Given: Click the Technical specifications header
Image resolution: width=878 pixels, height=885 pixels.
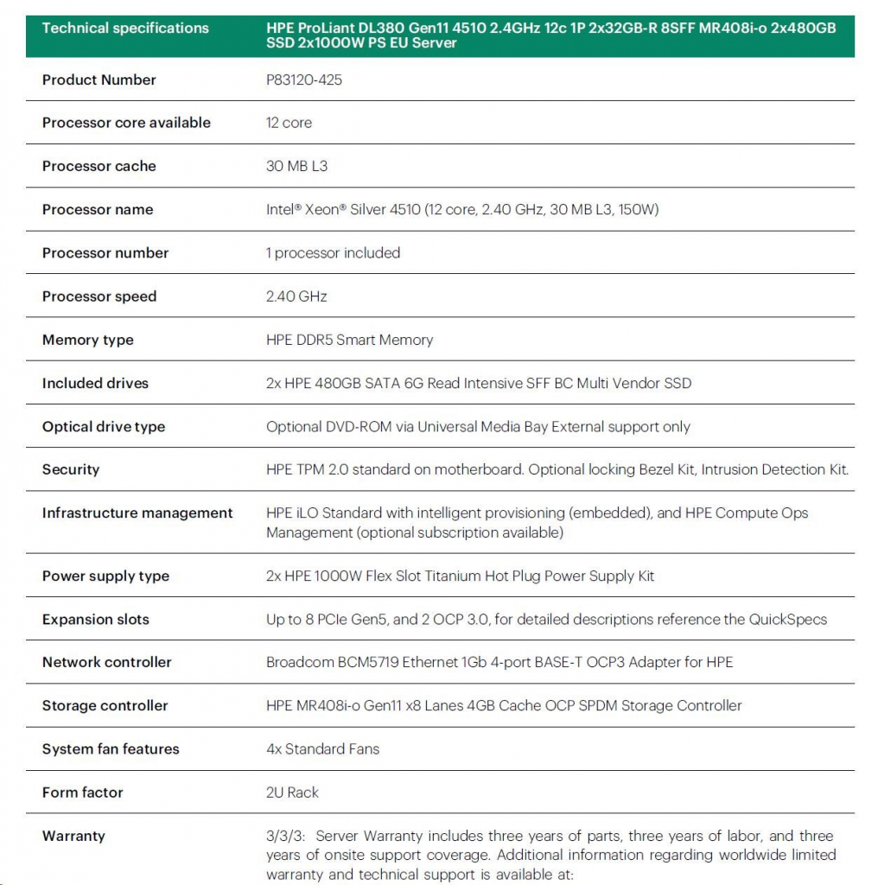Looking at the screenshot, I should (x=125, y=29).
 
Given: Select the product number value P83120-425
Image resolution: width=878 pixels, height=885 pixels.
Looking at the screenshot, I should (x=304, y=80).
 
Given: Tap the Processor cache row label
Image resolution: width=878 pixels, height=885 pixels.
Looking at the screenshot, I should (x=99, y=167).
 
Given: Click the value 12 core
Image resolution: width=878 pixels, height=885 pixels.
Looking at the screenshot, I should (x=289, y=124).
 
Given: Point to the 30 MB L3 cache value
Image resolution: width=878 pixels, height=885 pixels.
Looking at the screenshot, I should (x=296, y=167).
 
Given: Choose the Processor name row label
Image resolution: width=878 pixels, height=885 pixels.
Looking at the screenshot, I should (x=98, y=210).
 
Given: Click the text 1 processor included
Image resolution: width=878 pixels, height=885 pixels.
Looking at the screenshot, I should (x=333, y=253).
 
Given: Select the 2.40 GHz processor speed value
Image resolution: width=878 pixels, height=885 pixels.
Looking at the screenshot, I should (x=296, y=296).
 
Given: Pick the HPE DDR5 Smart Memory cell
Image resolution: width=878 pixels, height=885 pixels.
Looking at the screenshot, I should (x=349, y=340).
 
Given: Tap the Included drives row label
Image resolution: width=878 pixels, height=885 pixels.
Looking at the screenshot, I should (x=95, y=383).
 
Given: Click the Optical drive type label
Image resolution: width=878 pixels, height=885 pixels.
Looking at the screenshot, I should (x=104, y=427).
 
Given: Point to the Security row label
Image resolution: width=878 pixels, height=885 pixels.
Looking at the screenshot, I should (x=71, y=470).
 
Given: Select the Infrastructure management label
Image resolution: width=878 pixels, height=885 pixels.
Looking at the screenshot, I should (x=137, y=513).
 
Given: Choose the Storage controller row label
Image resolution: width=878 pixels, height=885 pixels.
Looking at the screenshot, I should (x=105, y=706).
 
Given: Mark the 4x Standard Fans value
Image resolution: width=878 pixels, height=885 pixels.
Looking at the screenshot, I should (x=322, y=749).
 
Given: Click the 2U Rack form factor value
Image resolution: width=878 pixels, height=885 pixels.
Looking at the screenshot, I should (x=292, y=793).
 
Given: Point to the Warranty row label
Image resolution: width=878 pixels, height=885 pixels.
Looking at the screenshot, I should (x=73, y=836).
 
